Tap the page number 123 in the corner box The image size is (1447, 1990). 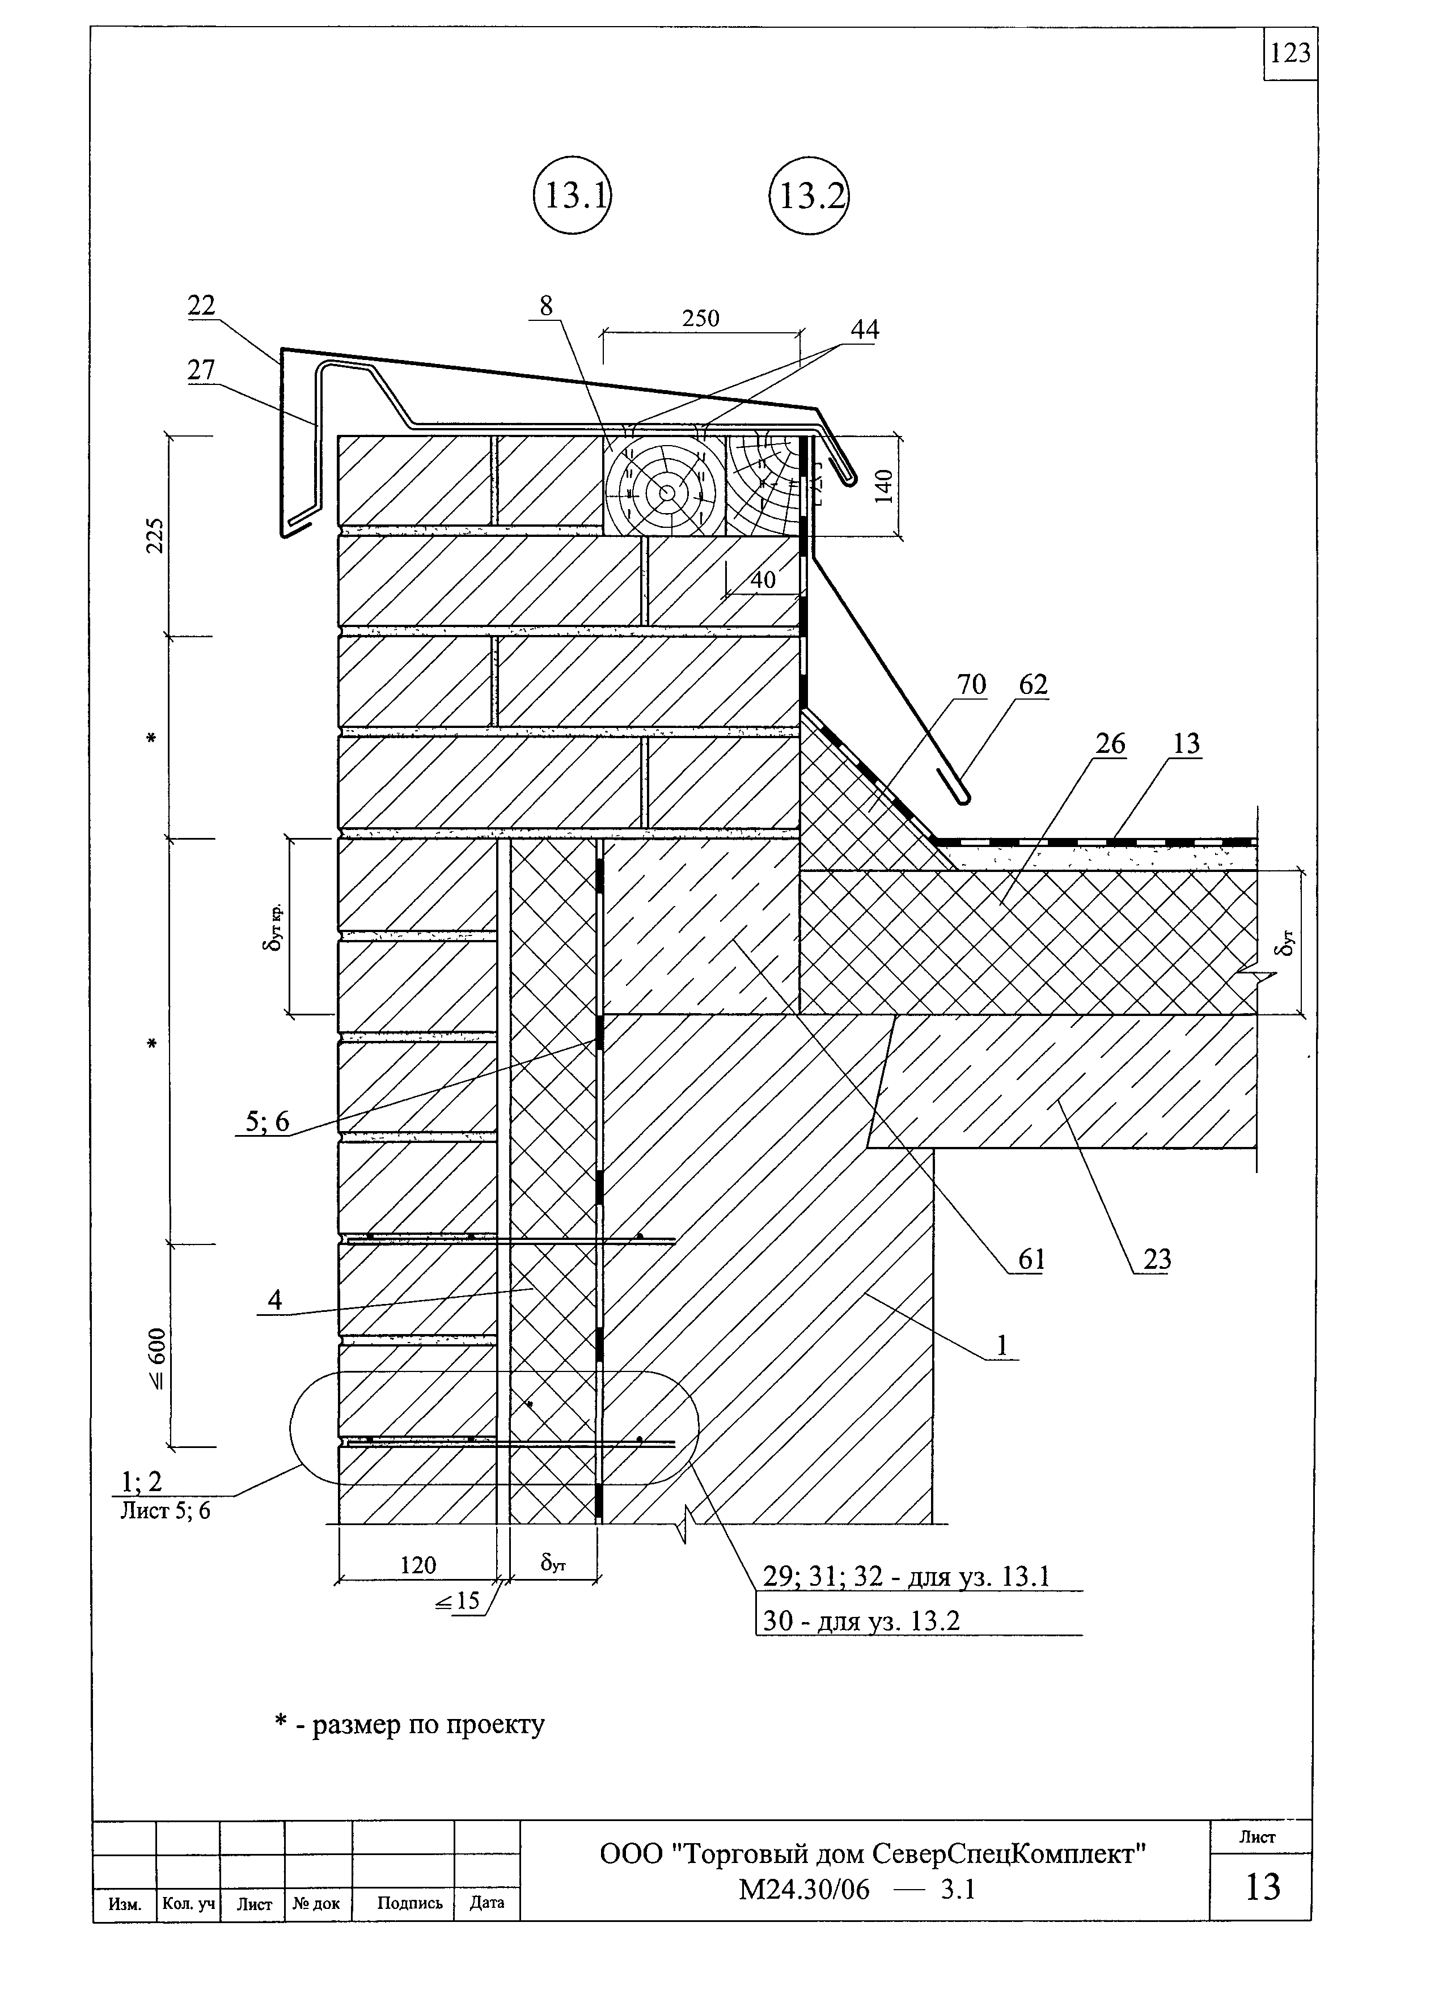click(x=1290, y=53)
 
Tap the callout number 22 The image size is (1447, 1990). click(x=201, y=304)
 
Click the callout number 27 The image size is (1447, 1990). click(x=201, y=370)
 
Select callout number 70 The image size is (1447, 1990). click(x=971, y=684)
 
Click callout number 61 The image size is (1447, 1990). click(x=1031, y=1260)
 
